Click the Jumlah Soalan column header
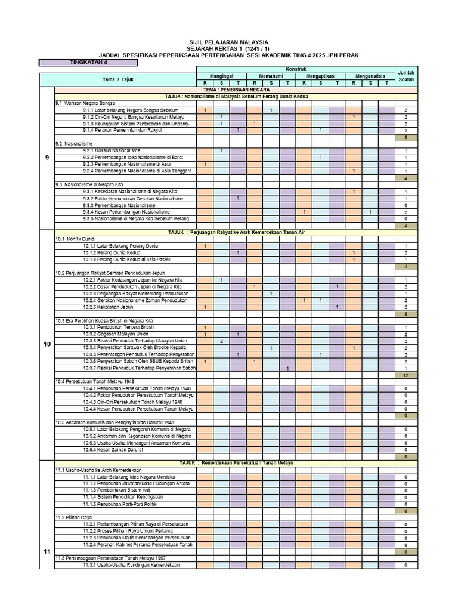406,76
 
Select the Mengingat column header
221,76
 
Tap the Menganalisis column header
370,76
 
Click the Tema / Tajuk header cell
118,79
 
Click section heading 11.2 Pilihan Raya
70,517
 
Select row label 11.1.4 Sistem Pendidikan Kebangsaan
123,497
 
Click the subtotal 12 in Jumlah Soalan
406,375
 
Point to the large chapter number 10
47,345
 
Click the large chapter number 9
47,157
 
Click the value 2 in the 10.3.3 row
221,341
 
